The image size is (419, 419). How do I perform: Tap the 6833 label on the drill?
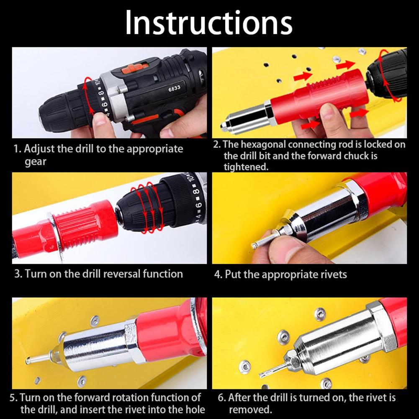174,88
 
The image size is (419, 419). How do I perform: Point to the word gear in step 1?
36,162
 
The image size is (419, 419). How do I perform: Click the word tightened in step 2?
246,167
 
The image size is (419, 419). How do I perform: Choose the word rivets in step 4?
332,275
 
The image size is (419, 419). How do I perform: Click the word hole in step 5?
195,409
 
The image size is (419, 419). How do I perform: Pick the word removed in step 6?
250,409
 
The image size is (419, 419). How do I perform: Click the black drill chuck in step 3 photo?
141,206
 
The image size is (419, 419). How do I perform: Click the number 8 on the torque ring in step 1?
101,93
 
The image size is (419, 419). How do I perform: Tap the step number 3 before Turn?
18,274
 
